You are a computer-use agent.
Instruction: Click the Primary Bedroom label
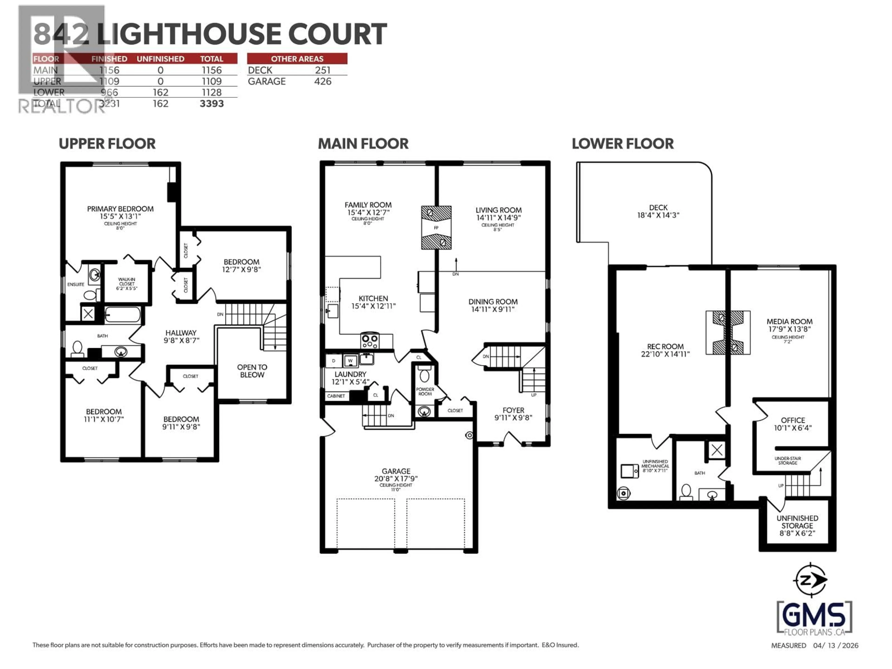tap(120, 209)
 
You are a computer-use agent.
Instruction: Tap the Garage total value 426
tap(323, 82)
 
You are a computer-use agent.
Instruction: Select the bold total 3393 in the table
tap(212, 104)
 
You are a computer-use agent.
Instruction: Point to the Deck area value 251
tap(323, 70)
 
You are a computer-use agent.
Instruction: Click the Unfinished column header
tap(161, 59)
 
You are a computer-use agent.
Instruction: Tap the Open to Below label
tap(252, 371)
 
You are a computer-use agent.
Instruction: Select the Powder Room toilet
tap(424, 375)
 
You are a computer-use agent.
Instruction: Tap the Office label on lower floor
tap(793, 420)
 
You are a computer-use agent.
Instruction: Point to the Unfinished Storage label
tap(797, 525)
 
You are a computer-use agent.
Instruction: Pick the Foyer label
tap(513, 410)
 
